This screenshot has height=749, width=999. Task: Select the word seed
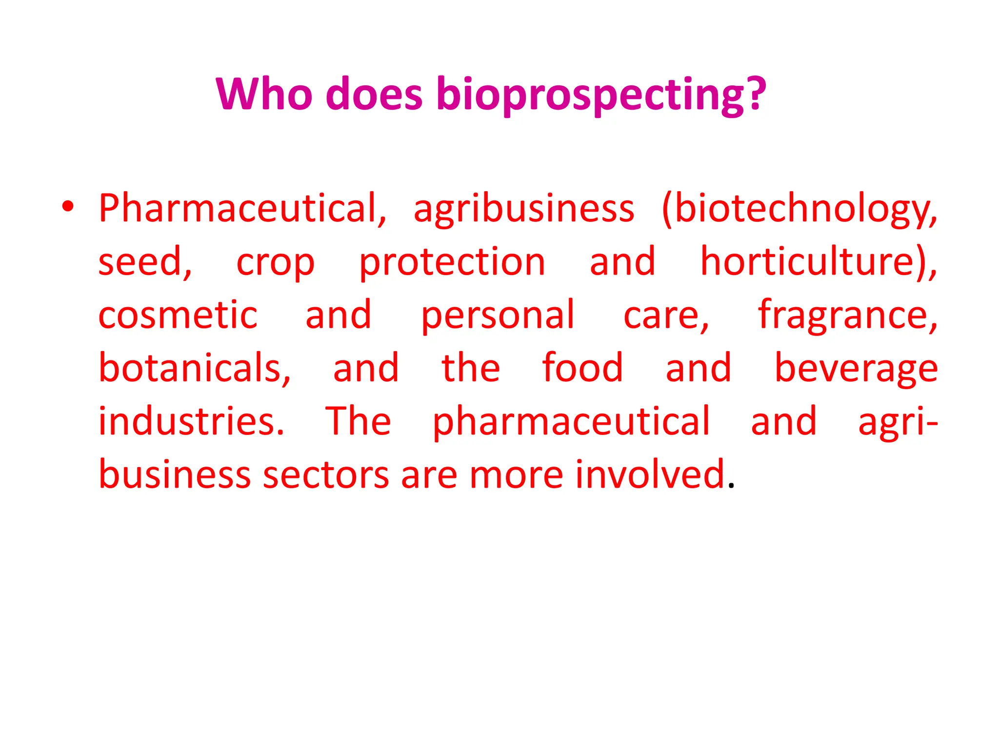click(x=144, y=262)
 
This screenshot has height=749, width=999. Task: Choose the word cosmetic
click(x=178, y=315)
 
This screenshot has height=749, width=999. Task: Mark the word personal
click(x=498, y=316)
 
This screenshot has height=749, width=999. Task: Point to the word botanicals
click(x=194, y=368)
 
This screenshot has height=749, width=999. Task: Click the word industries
click(x=191, y=421)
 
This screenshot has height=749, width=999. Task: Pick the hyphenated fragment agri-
click(x=898, y=422)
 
